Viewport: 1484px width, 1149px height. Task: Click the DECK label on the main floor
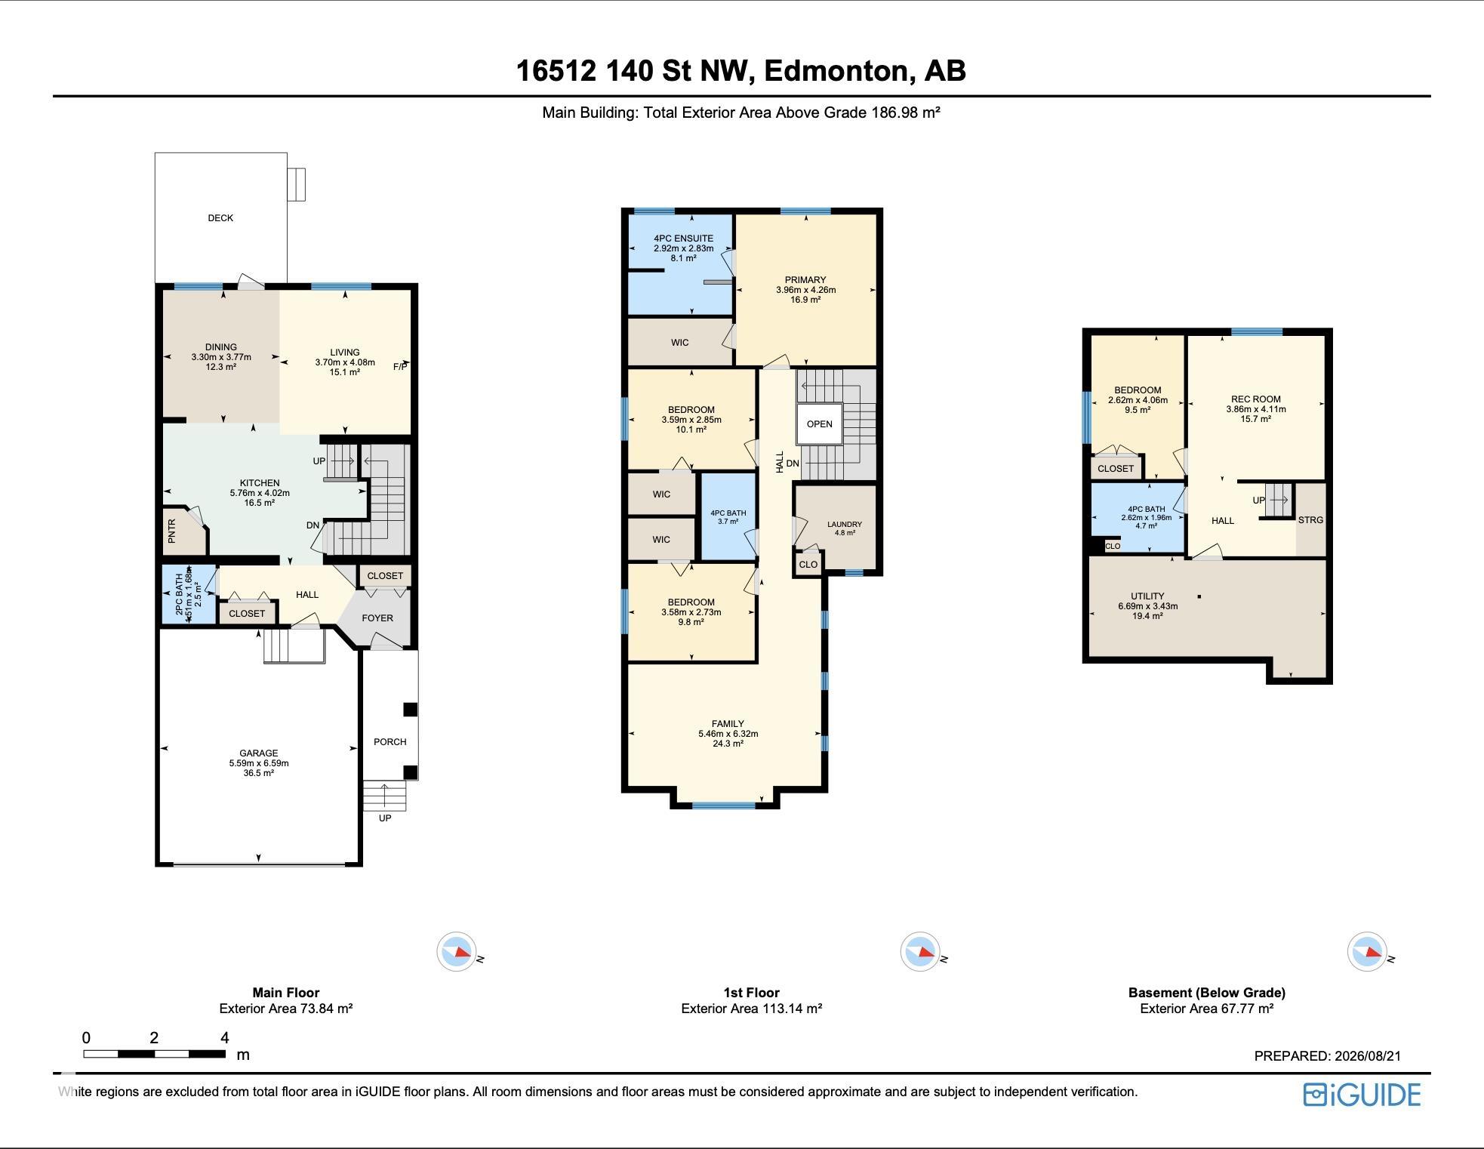(220, 218)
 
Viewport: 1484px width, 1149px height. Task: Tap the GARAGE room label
(259, 753)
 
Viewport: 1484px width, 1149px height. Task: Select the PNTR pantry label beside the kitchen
(172, 531)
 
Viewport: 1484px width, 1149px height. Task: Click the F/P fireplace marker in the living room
(400, 367)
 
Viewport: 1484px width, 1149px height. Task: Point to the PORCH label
(390, 742)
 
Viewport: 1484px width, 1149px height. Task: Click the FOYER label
(377, 618)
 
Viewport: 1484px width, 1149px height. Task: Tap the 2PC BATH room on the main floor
(189, 595)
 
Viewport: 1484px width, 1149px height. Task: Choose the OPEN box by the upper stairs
(820, 424)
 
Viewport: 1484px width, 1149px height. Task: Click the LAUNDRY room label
(845, 524)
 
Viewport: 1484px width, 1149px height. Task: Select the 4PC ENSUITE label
(684, 239)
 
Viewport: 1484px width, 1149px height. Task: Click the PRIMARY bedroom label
(805, 280)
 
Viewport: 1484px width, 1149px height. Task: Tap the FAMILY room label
(728, 724)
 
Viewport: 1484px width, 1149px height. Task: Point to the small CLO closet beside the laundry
(808, 565)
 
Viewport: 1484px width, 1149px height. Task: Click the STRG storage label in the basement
(1311, 520)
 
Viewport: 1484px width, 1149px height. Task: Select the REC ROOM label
(1256, 399)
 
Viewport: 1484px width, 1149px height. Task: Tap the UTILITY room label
(1147, 596)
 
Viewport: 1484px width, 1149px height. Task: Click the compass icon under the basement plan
(1367, 953)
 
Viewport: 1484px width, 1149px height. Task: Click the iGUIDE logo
(1362, 1095)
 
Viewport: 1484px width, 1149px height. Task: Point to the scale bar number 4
(224, 1037)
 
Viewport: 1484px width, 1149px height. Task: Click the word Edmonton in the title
(836, 71)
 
